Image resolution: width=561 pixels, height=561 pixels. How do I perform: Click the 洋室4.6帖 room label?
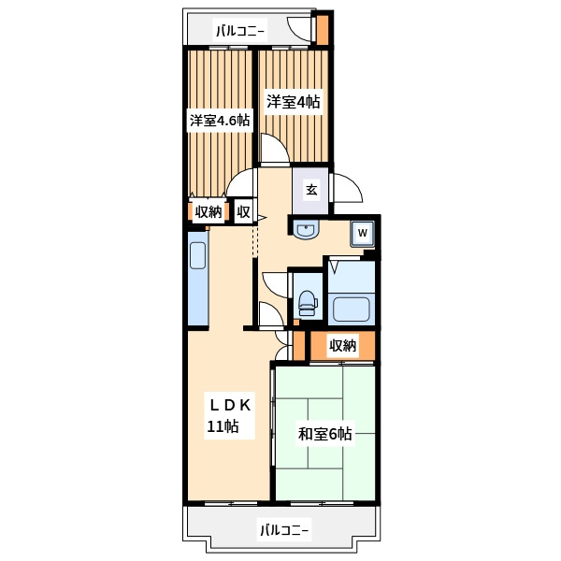pos(220,121)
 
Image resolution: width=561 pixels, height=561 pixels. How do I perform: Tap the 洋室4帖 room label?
pos(293,102)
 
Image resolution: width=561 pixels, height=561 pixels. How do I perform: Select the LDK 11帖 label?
pos(229,416)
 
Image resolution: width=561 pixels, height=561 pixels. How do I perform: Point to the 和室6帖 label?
pos(324,434)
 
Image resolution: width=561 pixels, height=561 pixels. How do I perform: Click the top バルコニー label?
pos(240,32)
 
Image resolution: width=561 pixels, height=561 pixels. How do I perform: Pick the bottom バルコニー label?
pos(284,529)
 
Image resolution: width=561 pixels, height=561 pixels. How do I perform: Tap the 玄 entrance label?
pos(311,190)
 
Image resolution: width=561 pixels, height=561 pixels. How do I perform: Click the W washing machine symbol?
pos(363,233)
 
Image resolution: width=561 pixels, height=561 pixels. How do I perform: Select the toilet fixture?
pos(308,303)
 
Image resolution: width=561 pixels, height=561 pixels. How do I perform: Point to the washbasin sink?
pos(306,230)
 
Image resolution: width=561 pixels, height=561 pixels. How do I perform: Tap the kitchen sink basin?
pos(197,255)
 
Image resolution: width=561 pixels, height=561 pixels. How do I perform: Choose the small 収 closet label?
pos(243,212)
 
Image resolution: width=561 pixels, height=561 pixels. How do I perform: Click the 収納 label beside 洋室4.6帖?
pos(209,212)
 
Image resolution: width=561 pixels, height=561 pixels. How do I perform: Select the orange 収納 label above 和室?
pos(343,345)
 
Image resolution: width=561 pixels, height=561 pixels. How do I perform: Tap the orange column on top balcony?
pos(323,30)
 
